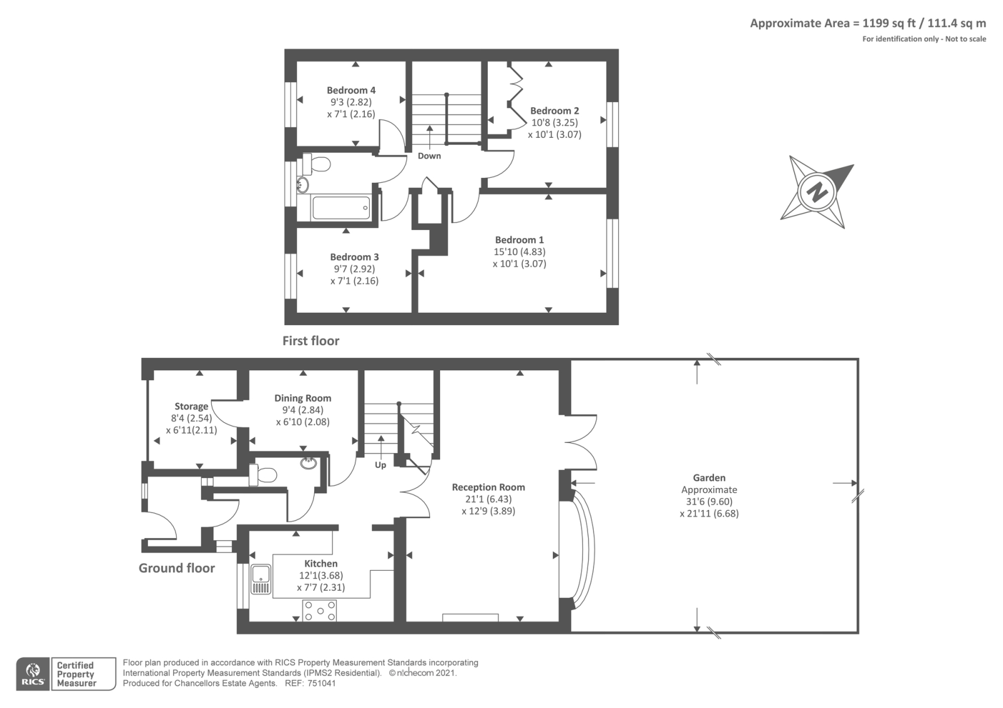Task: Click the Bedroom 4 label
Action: (351, 90)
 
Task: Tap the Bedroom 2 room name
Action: (554, 110)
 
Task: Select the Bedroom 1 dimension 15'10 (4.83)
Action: (520, 252)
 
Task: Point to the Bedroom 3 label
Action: (354, 257)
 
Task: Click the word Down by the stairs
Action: (429, 156)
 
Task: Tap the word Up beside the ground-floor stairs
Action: (381, 465)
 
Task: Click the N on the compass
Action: (817, 192)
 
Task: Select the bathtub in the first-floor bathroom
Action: (341, 207)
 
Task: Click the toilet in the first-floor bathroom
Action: (316, 164)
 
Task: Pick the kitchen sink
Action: (261, 579)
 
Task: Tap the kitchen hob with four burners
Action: (320, 610)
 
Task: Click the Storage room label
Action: (191, 407)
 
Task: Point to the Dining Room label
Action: (303, 398)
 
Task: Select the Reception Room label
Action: (488, 487)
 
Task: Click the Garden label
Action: (709, 477)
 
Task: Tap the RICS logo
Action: (33, 674)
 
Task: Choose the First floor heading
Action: (311, 341)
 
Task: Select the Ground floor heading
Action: (176, 568)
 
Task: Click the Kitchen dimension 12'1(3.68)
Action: (321, 576)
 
